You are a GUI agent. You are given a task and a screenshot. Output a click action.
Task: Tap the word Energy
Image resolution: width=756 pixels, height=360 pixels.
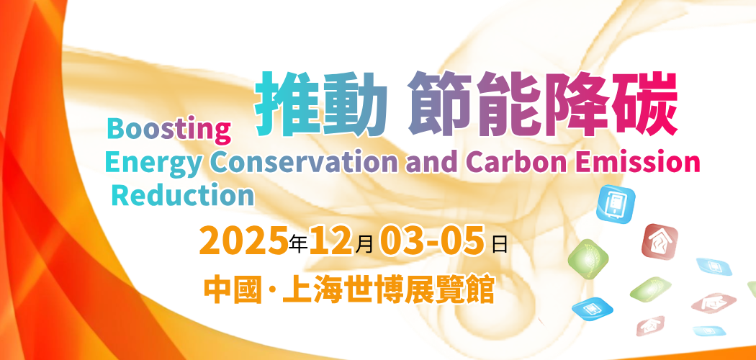click(153, 163)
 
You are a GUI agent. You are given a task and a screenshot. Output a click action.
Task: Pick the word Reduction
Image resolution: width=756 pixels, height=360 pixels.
click(183, 195)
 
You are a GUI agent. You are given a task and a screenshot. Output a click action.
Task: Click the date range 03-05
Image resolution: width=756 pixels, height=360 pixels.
click(431, 240)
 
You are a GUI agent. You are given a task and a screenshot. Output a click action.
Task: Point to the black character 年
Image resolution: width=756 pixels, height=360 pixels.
click(299, 244)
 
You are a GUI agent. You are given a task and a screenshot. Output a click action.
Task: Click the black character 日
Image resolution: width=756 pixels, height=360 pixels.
click(500, 244)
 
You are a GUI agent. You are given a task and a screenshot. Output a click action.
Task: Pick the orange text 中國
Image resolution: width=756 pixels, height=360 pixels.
click(231, 289)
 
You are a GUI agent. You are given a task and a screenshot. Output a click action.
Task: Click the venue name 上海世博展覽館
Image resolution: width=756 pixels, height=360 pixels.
click(389, 289)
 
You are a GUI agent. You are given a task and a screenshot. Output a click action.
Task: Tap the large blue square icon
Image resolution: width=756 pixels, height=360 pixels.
click(616, 203)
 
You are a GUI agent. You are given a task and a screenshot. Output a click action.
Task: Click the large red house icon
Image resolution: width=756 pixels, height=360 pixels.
click(660, 241)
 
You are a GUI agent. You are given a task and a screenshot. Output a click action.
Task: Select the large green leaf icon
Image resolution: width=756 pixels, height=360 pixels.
click(588, 258)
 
